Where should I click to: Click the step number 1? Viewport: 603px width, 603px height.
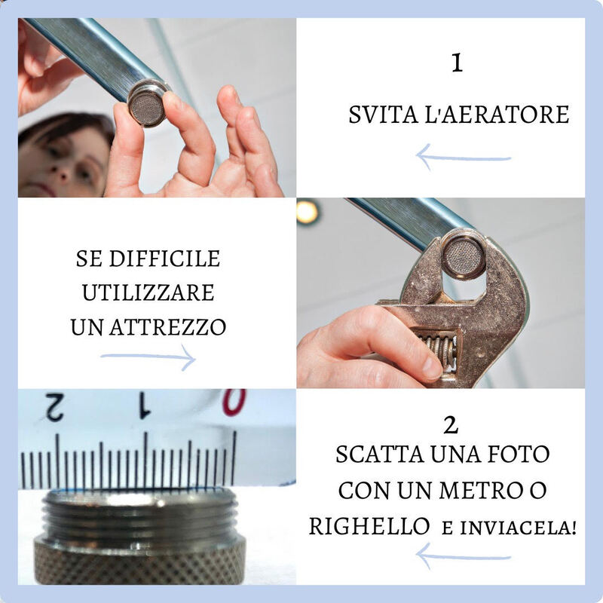pyautogui.click(x=456, y=63)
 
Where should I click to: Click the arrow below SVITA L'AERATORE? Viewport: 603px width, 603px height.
pyautogui.click(x=463, y=158)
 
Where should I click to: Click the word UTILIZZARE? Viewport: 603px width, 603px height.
pyautogui.click(x=148, y=292)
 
